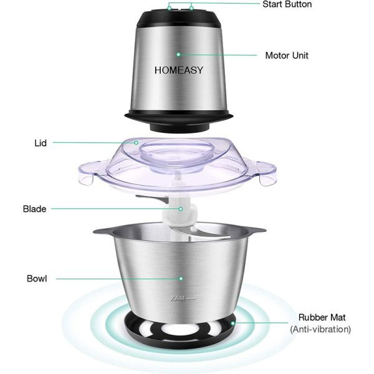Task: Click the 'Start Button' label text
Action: (x=287, y=4)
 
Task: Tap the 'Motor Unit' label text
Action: (x=287, y=55)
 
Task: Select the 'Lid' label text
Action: (x=41, y=143)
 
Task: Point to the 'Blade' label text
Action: (x=34, y=209)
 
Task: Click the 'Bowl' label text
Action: (x=37, y=279)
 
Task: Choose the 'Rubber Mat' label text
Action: (x=322, y=317)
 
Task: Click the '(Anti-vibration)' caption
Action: (x=320, y=329)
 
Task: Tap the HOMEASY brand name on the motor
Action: (x=179, y=70)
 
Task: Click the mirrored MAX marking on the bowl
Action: (x=178, y=299)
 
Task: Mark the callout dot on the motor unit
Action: (x=178, y=54)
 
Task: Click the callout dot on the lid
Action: (x=136, y=143)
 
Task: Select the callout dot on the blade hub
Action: (x=181, y=209)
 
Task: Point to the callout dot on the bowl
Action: (x=181, y=279)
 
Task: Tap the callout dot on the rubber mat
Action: (x=233, y=323)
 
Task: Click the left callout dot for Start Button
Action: (x=170, y=8)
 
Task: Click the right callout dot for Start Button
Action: (x=191, y=8)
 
